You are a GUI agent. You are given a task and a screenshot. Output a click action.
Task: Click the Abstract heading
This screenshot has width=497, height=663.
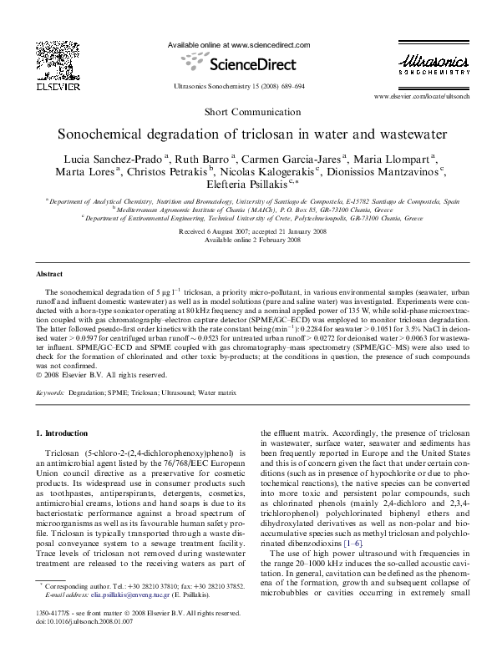49,274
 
